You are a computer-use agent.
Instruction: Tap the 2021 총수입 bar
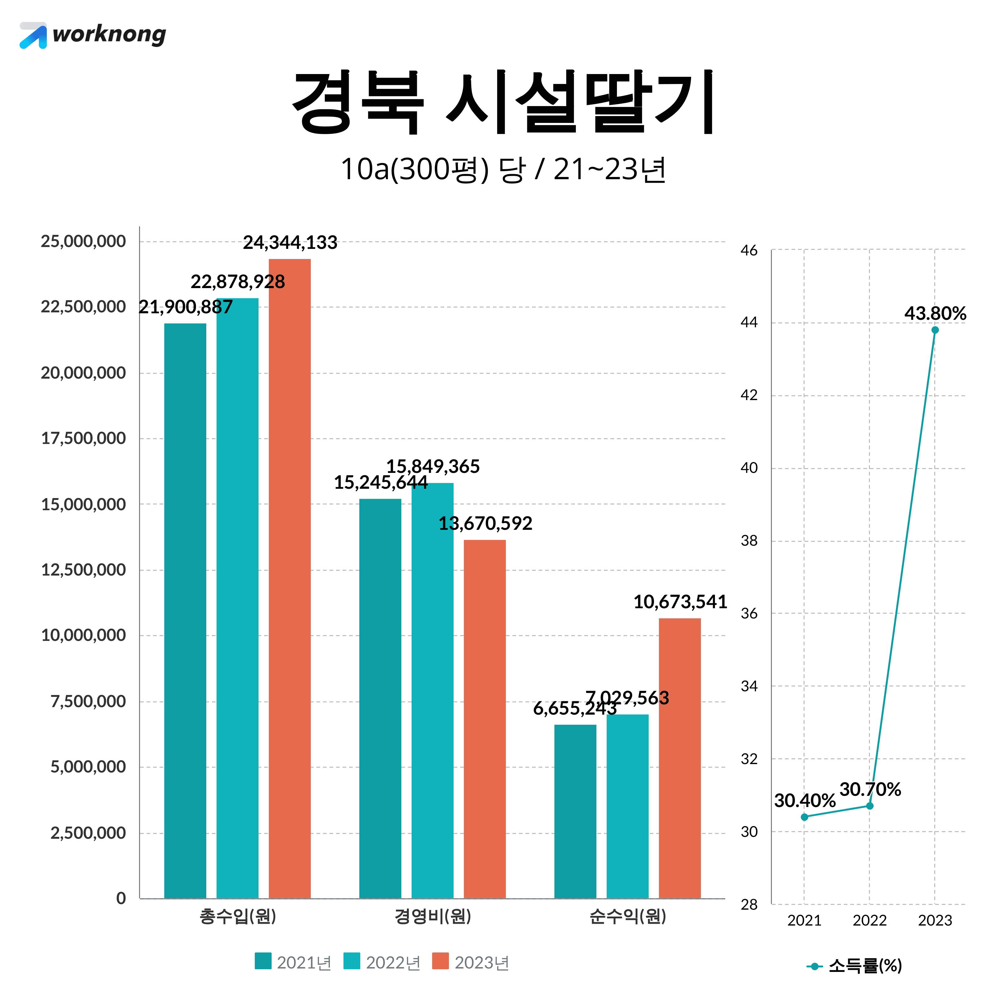(185, 610)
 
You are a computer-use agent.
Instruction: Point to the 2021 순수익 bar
(575, 811)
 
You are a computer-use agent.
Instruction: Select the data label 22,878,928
(238, 282)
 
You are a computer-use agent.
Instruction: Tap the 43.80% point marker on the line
(935, 330)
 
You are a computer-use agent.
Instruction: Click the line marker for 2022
(870, 806)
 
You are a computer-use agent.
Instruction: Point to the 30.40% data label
(805, 801)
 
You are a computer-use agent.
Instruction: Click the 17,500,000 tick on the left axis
(83, 438)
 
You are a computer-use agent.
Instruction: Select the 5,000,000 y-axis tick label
(88, 767)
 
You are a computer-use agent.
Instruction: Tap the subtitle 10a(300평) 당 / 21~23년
(503, 170)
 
